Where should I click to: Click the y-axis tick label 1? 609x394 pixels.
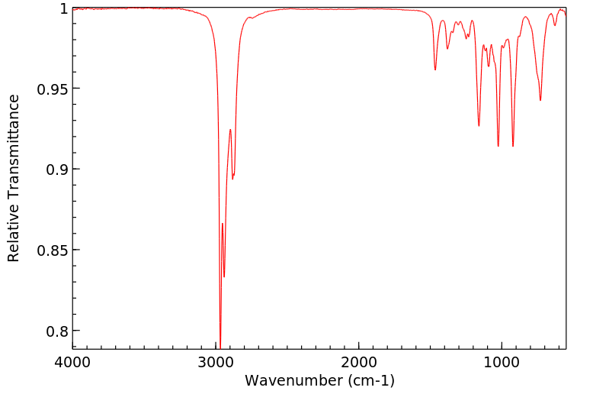tap(62, 8)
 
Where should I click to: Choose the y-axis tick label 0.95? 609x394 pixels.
tap(52, 89)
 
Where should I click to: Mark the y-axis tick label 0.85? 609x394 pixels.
tap(52, 250)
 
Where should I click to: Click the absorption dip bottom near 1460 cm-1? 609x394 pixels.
tap(435, 69)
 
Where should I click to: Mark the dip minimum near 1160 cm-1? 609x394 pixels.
tap(479, 126)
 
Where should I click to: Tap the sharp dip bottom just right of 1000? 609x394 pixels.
tap(498, 146)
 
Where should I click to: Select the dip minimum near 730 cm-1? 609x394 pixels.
tap(540, 100)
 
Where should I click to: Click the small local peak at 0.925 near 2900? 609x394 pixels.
tap(230, 130)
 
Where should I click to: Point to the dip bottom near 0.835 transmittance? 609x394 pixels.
tap(224, 276)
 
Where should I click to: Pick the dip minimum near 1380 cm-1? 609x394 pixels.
tap(447, 49)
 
